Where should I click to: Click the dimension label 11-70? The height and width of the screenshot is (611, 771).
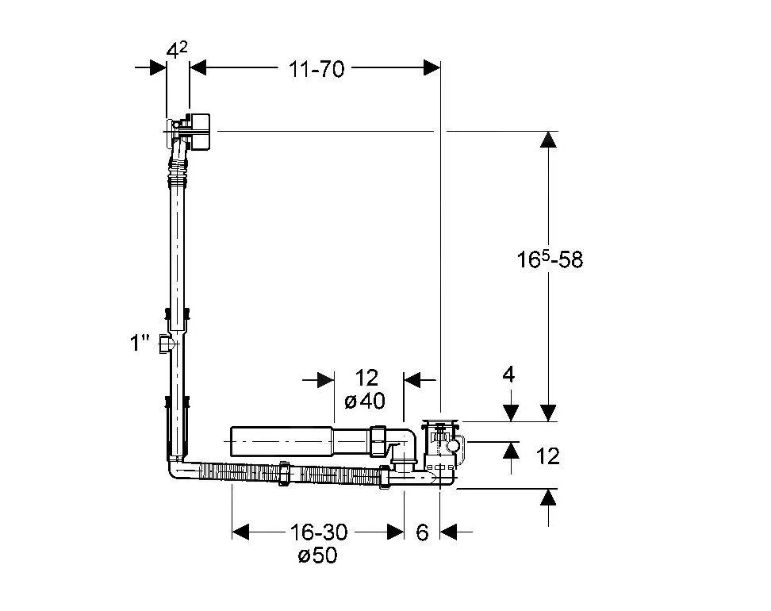click(x=316, y=69)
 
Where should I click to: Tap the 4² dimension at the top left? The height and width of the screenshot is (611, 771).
click(x=177, y=50)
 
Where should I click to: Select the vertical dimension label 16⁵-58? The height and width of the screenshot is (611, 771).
click(x=549, y=259)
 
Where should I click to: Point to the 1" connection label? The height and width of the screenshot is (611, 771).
click(x=139, y=342)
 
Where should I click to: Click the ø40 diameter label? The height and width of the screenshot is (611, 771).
click(x=365, y=401)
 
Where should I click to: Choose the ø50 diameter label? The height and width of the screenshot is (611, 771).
click(x=317, y=555)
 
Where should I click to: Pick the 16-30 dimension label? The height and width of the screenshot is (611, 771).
click(x=319, y=532)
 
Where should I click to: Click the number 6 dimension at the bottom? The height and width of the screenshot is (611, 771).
click(x=422, y=532)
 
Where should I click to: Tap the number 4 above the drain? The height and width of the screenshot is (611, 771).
click(x=508, y=375)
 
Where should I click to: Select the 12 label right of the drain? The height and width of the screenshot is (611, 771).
click(x=548, y=456)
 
